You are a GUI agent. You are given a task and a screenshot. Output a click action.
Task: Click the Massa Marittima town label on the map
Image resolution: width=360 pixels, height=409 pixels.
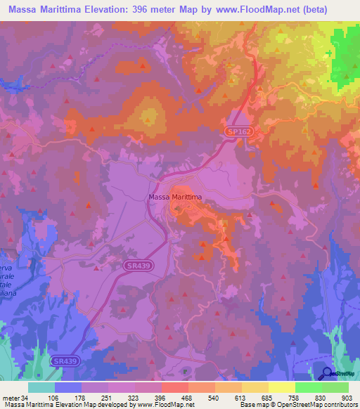175,197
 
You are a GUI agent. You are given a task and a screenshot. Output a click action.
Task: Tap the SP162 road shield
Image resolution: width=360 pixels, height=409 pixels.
237,131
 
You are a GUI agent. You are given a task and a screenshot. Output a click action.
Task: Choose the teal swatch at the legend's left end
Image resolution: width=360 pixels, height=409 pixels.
41,387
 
